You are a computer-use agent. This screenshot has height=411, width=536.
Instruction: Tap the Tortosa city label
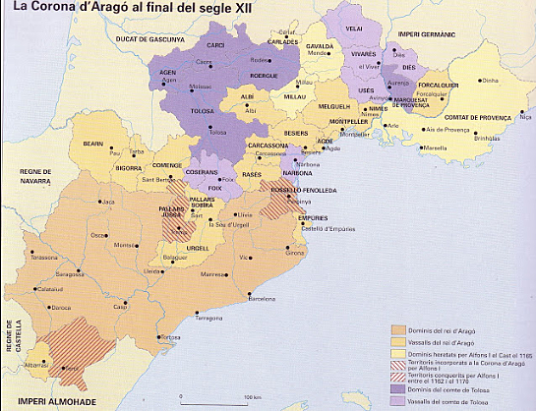coord(171,337)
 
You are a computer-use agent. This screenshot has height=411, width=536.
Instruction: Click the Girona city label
coord(295,253)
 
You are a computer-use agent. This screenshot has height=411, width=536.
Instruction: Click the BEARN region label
coord(92,144)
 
